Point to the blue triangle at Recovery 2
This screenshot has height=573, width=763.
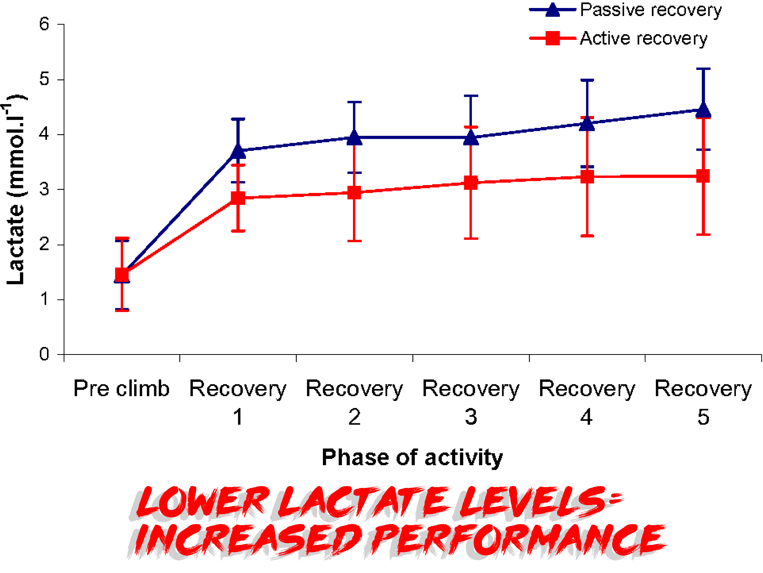pyautogui.click(x=354, y=138)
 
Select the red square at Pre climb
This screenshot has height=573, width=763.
pyautogui.click(x=122, y=275)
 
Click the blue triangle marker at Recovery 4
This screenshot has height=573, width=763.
pyautogui.click(x=587, y=124)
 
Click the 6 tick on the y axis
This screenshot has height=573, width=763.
pyautogui.click(x=44, y=24)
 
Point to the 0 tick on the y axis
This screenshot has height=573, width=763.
pyautogui.click(x=44, y=354)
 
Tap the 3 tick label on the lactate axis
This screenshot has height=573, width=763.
pyautogui.click(x=44, y=189)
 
